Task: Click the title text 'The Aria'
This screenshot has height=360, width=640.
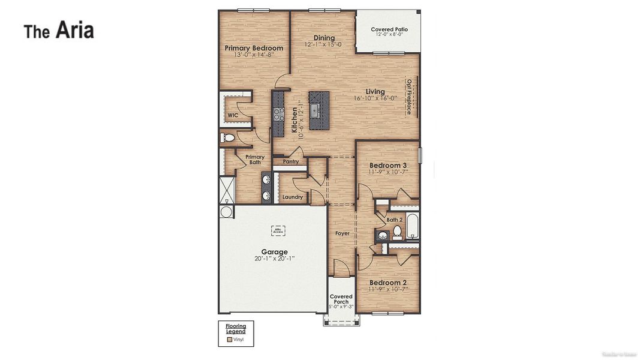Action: (59, 30)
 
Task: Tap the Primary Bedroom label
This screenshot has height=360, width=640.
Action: (254, 48)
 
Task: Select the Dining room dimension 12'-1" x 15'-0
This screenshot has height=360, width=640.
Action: (323, 44)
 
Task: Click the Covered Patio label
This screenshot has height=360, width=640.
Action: (389, 29)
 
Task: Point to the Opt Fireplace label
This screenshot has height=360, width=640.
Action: (409, 96)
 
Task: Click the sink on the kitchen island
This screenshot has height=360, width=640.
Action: (314, 110)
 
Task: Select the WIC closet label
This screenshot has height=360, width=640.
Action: (233, 115)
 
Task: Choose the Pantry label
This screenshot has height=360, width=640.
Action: (290, 161)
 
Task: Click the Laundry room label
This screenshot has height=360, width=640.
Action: (292, 197)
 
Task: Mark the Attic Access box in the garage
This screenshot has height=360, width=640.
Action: (278, 230)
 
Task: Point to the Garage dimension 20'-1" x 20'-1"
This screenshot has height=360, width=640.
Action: (274, 259)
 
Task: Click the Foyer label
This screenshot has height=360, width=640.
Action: (342, 233)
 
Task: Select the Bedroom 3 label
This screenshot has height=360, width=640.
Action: (388, 166)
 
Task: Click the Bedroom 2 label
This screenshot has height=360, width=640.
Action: (388, 283)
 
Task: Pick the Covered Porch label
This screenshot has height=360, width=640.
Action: (341, 299)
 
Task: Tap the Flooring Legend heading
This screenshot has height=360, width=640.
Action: (236, 329)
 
